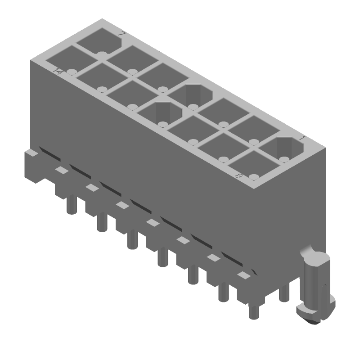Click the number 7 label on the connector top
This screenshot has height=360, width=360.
(121, 34)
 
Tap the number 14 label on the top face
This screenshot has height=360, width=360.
(58, 71)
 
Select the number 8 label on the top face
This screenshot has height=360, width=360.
(239, 176)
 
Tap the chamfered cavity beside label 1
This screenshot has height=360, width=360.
(282, 149)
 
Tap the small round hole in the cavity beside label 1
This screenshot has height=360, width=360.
(283, 159)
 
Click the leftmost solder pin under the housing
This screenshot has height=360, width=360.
(70, 205)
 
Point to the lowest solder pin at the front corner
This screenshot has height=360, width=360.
(253, 310)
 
